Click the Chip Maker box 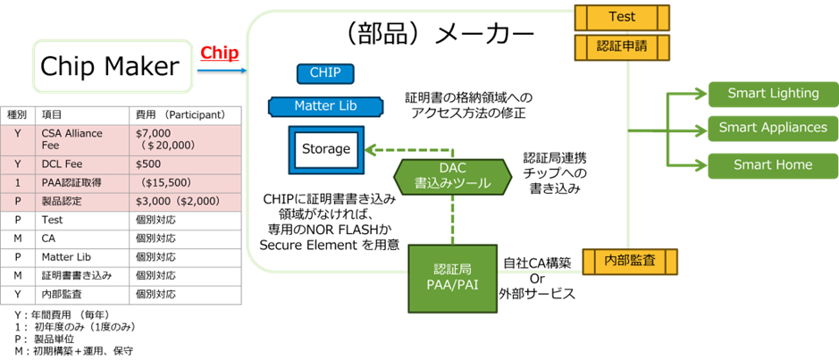[x=114, y=65]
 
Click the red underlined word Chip [x=218, y=53]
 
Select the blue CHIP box [x=325, y=73]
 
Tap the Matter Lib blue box [x=326, y=106]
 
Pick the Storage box [x=325, y=149]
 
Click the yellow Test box [x=622, y=17]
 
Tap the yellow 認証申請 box [x=622, y=44]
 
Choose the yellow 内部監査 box [x=629, y=261]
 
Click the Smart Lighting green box [x=773, y=93]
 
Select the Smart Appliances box [x=773, y=128]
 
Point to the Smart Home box [x=773, y=163]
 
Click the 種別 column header [x=16, y=115]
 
